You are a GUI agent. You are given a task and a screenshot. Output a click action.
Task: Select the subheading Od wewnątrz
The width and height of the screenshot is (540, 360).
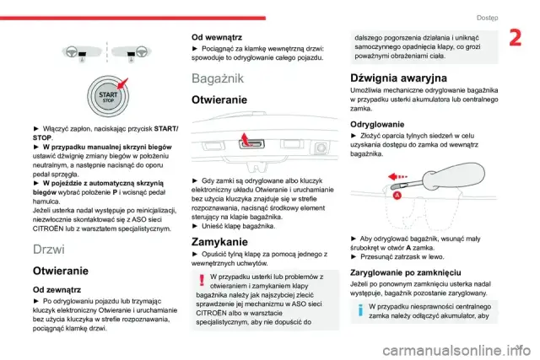click(x=217, y=37)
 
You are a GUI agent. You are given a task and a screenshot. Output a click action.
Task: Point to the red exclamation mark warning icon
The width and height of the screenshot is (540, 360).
click(x=199, y=280)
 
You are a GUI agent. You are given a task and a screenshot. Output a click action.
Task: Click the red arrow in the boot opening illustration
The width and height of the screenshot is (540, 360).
click(x=242, y=138)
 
